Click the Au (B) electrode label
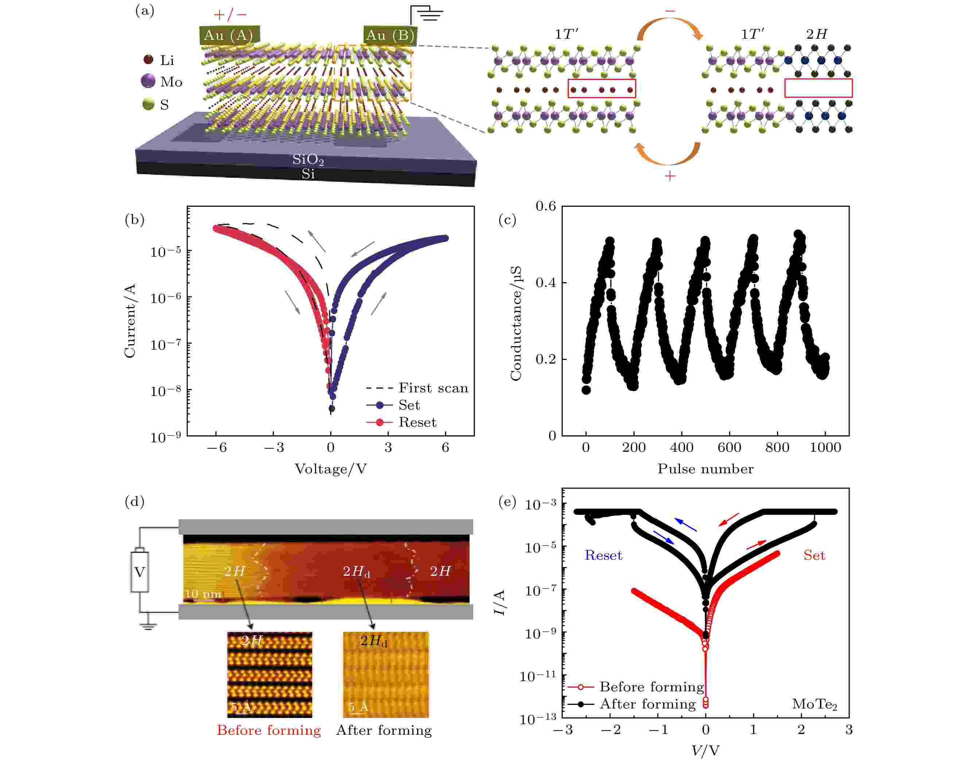(390, 35)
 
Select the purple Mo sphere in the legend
(148, 81)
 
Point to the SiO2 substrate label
(308, 159)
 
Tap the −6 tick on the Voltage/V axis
(217, 448)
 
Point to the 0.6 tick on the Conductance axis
(546, 206)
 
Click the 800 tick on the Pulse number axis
(777, 448)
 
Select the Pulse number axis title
(705, 469)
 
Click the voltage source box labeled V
(139, 572)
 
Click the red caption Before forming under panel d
(269, 730)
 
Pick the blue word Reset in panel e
(603, 555)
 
